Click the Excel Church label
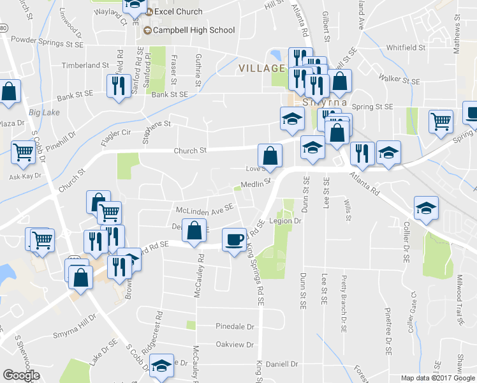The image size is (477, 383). click(179, 11)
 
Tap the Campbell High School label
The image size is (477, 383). click(194, 30)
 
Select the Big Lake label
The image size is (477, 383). click(44, 112)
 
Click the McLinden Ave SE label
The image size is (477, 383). click(205, 208)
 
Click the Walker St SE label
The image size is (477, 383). click(399, 81)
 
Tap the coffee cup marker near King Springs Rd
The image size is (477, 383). click(234, 240)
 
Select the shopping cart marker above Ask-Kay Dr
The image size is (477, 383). click(23, 153)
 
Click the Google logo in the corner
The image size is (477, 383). click(22, 375)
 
